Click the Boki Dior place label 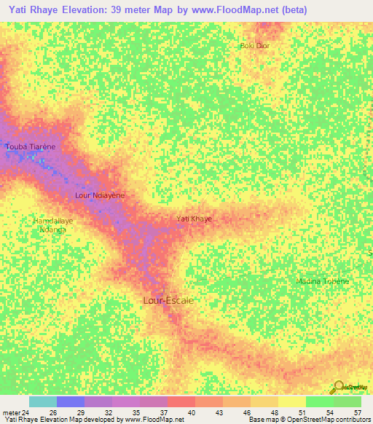pos(255,46)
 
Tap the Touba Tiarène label pos(31,146)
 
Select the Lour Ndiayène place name pos(101,195)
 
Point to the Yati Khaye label pos(195,219)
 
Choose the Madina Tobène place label pos(323,281)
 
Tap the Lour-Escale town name pos(168,299)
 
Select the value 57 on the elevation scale pos(356,412)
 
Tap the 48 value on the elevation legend pos(273,412)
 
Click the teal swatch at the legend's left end pos(42,401)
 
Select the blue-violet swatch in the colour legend pos(70,401)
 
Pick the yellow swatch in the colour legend pos(291,401)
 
